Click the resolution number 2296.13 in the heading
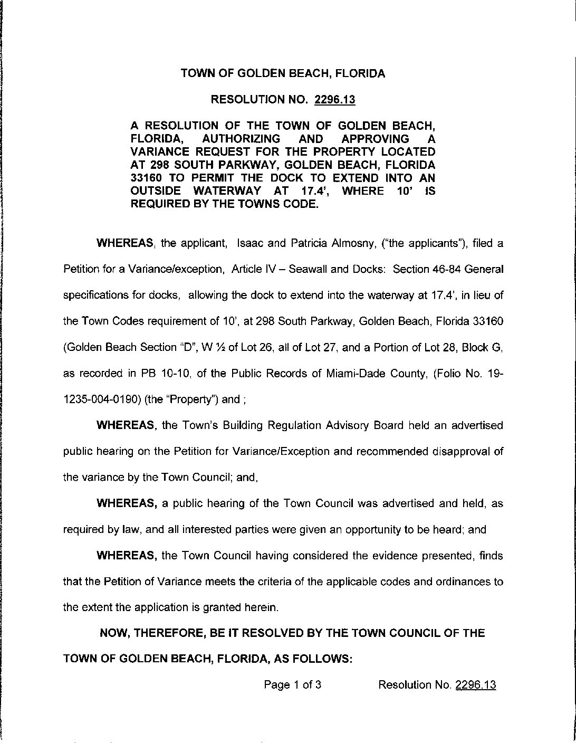point(334,99)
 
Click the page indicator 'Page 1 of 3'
point(293,685)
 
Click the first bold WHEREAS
point(124,244)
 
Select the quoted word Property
point(181,399)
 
